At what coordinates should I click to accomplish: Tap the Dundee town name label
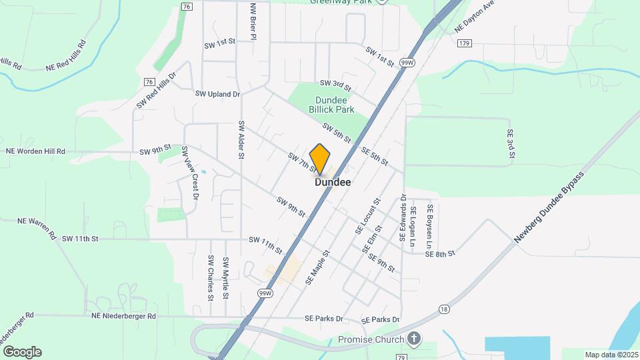pos(333,182)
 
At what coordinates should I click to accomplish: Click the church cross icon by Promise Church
pos(414,339)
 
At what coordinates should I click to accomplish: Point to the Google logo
pos(22,351)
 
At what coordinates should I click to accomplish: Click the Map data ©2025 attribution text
pos(611,355)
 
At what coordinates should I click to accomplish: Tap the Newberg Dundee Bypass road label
pos(549,208)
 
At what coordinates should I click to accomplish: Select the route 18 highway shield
pos(444,309)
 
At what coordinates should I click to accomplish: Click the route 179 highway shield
pos(465,43)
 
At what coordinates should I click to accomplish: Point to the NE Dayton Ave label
pos(475,17)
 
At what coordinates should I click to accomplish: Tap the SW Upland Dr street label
pos(217,94)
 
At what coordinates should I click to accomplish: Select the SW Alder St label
pos(239,140)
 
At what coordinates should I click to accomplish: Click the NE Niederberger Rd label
pos(120,316)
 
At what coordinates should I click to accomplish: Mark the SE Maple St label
pos(317,267)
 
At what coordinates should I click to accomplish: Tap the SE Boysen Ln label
pos(431,226)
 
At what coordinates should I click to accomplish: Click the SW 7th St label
pos(301,163)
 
